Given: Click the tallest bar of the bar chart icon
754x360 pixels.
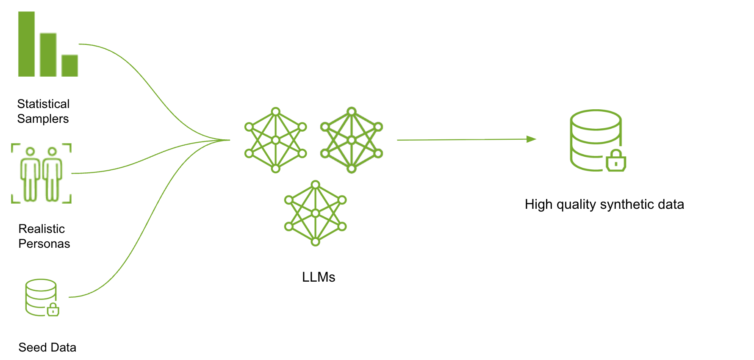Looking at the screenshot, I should tap(26, 44).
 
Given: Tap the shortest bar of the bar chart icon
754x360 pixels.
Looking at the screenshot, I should tap(69, 66).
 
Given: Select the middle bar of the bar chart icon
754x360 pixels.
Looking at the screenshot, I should tap(48, 55).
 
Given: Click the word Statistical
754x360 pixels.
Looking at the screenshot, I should tap(43, 104).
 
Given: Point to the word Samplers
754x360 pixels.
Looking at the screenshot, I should tap(43, 119).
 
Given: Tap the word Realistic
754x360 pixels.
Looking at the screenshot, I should tap(42, 229).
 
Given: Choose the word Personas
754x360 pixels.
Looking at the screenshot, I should tap(44, 244).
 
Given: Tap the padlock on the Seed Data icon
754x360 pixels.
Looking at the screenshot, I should tap(53, 310).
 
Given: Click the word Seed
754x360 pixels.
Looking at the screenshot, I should tap(33, 348).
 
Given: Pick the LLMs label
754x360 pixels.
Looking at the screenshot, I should tap(319, 277).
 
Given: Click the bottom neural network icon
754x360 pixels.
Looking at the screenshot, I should tap(316, 213).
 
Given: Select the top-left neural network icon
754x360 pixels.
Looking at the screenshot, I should tap(276, 140).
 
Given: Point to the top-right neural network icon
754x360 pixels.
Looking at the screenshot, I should tap(352, 140).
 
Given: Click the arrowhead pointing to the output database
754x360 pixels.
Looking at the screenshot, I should tap(531, 139).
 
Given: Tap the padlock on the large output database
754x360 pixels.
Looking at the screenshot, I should tap(616, 161).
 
